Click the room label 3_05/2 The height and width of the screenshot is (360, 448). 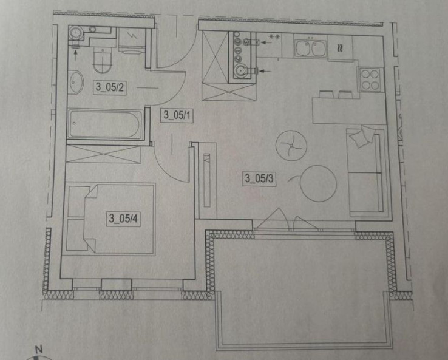tap(110, 87)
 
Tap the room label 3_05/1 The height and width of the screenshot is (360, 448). tap(177, 115)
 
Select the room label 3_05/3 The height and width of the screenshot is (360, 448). tap(259, 178)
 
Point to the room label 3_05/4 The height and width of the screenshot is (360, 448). tap(123, 219)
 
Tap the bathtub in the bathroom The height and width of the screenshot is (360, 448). tap(105, 124)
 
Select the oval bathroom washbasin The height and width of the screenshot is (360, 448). tap(76, 82)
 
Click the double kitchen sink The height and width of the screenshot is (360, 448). tap(310, 49)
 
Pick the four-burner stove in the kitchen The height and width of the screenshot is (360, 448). tap(370, 80)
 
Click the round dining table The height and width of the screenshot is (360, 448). tap(318, 184)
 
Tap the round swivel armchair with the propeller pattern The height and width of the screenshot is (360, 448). tap(291, 145)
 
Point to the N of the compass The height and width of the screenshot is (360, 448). tap(39, 349)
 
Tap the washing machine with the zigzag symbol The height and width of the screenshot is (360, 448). tap(132, 40)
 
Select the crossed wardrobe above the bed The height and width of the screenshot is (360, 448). tap(103, 154)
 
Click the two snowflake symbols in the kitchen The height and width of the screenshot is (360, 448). tap(274, 37)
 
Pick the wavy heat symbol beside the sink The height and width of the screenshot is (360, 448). tap(339, 48)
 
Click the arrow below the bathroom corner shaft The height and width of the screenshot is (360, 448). tap(76, 55)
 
